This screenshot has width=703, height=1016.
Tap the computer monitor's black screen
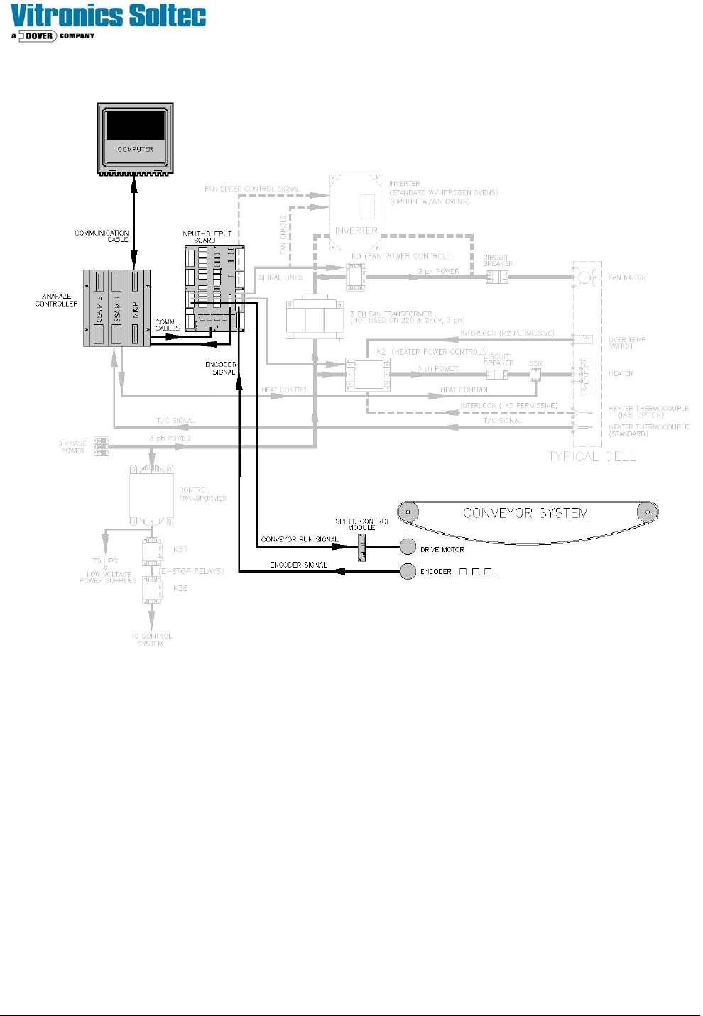[x=135, y=126]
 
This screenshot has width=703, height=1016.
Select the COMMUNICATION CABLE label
[x=102, y=236]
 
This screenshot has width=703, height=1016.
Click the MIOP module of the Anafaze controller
[x=136, y=309]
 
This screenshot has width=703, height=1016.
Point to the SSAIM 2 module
[x=99, y=309]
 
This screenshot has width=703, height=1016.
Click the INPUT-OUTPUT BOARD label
[x=206, y=237]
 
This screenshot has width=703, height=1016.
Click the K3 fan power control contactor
[x=355, y=277]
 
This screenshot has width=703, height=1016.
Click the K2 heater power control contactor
[x=368, y=374]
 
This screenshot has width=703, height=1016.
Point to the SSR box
[x=535, y=374]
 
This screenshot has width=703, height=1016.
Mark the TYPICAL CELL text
[x=592, y=457]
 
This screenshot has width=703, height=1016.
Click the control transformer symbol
[x=151, y=497]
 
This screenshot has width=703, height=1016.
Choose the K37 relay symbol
[x=151, y=551]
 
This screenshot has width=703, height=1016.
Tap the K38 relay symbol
[x=152, y=590]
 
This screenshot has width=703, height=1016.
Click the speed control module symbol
[x=361, y=547]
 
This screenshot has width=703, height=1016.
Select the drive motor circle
[x=408, y=547]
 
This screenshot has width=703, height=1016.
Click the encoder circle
[x=408, y=571]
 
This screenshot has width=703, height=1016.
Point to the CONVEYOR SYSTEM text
[x=525, y=513]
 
